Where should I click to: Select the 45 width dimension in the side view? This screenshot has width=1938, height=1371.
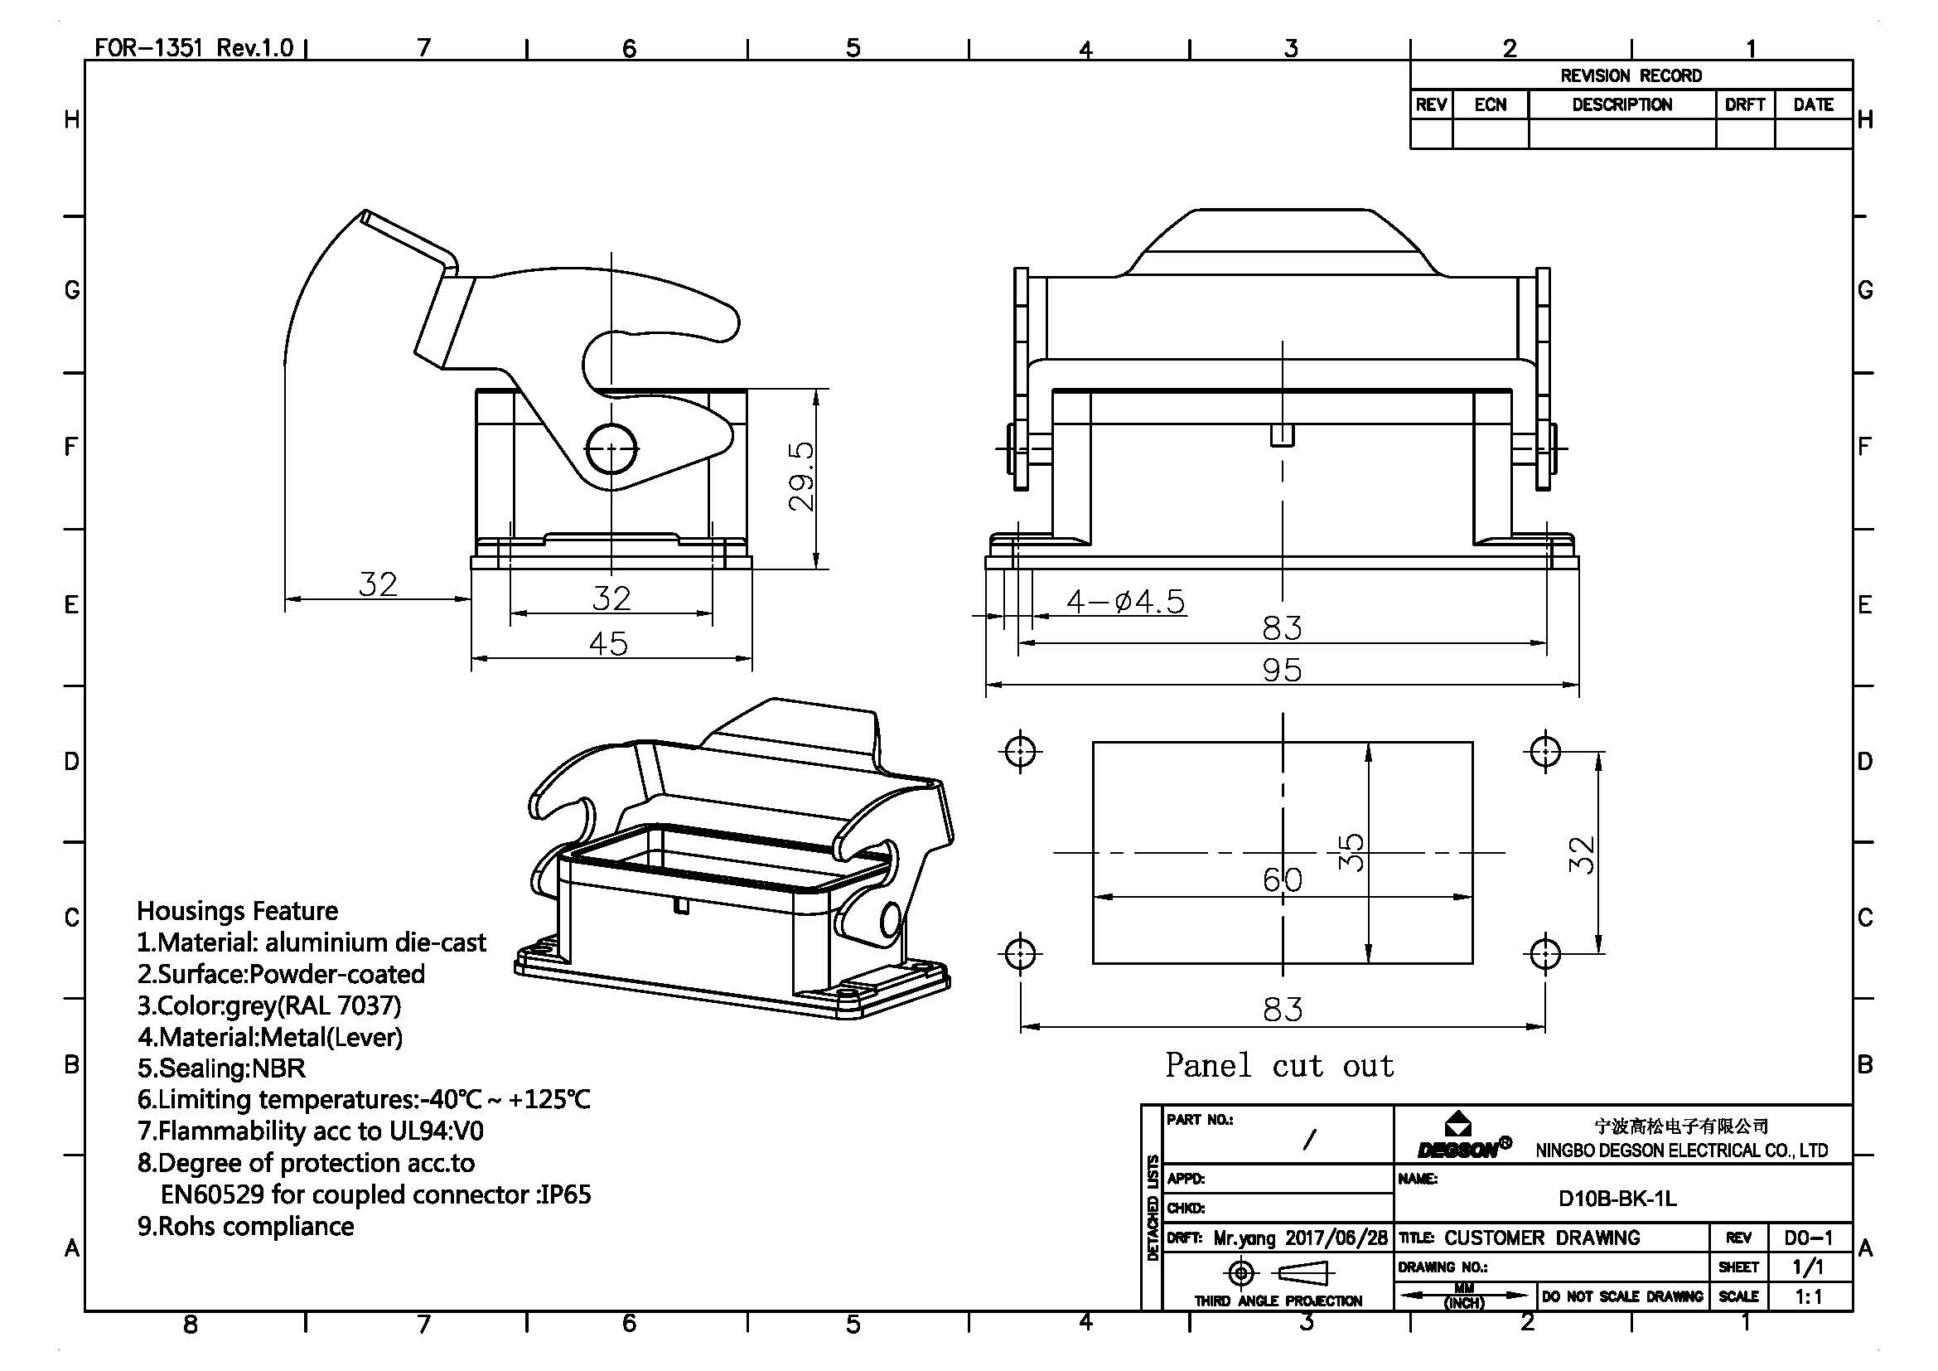(x=609, y=645)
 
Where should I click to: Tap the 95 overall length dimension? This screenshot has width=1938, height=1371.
(x=1282, y=671)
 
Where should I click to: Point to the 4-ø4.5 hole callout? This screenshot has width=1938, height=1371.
(x=1125, y=602)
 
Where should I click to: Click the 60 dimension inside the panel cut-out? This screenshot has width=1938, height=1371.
(x=1282, y=880)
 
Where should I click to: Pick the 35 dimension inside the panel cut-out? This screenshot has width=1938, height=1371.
(x=1351, y=852)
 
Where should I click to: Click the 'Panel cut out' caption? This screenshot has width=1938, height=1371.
(x=1278, y=1065)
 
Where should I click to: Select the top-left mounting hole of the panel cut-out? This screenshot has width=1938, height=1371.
(x=1021, y=749)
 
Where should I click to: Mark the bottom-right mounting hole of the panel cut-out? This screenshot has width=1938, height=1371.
(x=1544, y=953)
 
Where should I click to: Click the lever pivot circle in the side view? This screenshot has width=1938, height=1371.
(x=611, y=448)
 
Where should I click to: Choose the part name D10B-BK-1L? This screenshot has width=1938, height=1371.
(x=1617, y=1199)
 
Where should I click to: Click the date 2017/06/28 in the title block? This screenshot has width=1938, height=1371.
(x=1336, y=1238)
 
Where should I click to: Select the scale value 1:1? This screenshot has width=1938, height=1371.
(x=1808, y=1296)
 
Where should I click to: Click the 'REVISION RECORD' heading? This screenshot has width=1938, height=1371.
(x=1631, y=76)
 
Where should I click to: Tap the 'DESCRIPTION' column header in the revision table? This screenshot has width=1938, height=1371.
(x=1621, y=104)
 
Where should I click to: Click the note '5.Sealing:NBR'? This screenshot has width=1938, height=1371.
(x=221, y=1068)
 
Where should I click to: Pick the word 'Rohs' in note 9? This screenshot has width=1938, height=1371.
(x=184, y=1226)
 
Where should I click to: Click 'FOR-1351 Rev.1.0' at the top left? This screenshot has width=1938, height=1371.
(x=193, y=47)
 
